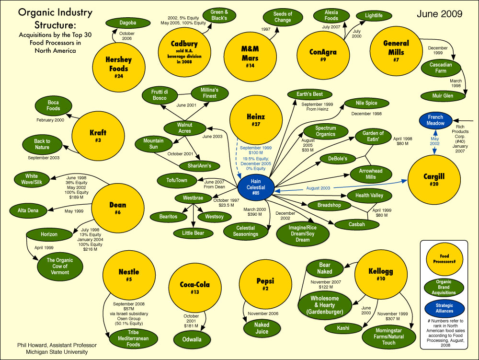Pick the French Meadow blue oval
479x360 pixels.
[435, 120]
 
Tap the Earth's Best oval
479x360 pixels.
[309, 94]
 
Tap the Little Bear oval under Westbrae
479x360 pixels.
[193, 233]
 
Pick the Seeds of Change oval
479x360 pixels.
[283, 17]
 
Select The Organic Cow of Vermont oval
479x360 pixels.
[57, 266]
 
